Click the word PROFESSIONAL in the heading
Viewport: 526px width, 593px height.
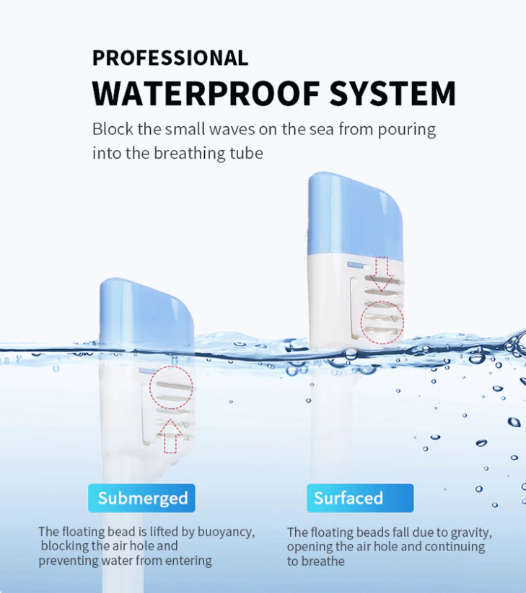tap(170, 58)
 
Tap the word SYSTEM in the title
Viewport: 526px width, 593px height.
tap(393, 93)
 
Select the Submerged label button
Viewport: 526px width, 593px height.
tap(141, 498)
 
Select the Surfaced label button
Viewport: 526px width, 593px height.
tap(360, 498)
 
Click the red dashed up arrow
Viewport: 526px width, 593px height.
tap(170, 436)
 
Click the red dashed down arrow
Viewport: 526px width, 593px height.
tap(382, 274)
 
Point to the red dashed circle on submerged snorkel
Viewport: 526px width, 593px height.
tap(150, 387)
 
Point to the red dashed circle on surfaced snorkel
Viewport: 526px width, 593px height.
tap(361, 322)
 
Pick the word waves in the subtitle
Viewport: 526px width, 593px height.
tap(232, 129)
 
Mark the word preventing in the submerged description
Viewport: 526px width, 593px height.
tap(69, 561)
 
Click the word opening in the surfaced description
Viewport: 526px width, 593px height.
tap(310, 548)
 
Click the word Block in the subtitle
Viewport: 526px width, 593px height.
tap(113, 129)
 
